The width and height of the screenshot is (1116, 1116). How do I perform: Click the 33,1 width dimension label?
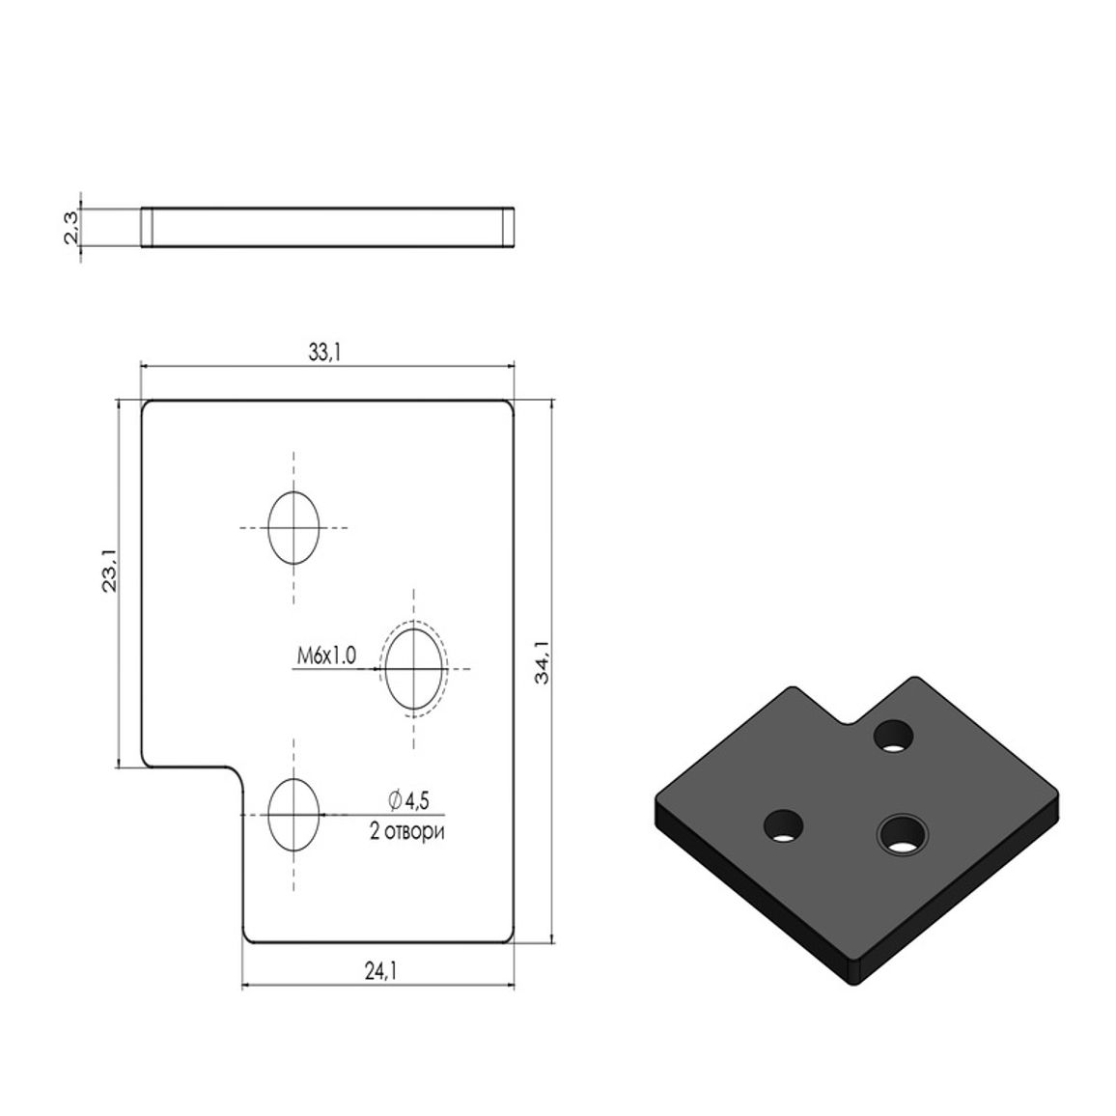[324, 351]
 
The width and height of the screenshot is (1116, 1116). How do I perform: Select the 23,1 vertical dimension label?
[110, 571]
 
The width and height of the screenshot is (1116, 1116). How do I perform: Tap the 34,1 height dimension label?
[543, 662]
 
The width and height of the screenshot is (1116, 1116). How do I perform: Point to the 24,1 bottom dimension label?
[380, 970]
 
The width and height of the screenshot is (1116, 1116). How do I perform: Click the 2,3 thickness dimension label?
[72, 228]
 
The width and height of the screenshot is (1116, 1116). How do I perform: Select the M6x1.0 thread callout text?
[326, 656]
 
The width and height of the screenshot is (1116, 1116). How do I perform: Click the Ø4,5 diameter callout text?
[409, 800]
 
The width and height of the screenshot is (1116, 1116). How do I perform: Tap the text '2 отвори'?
[406, 830]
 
